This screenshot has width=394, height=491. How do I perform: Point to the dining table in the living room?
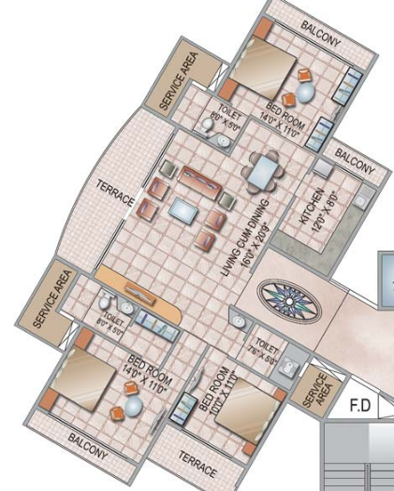coord(260,172)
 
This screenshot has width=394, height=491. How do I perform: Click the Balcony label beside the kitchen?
coord(354,165)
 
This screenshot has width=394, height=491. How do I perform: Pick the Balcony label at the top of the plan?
coord(322,29)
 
